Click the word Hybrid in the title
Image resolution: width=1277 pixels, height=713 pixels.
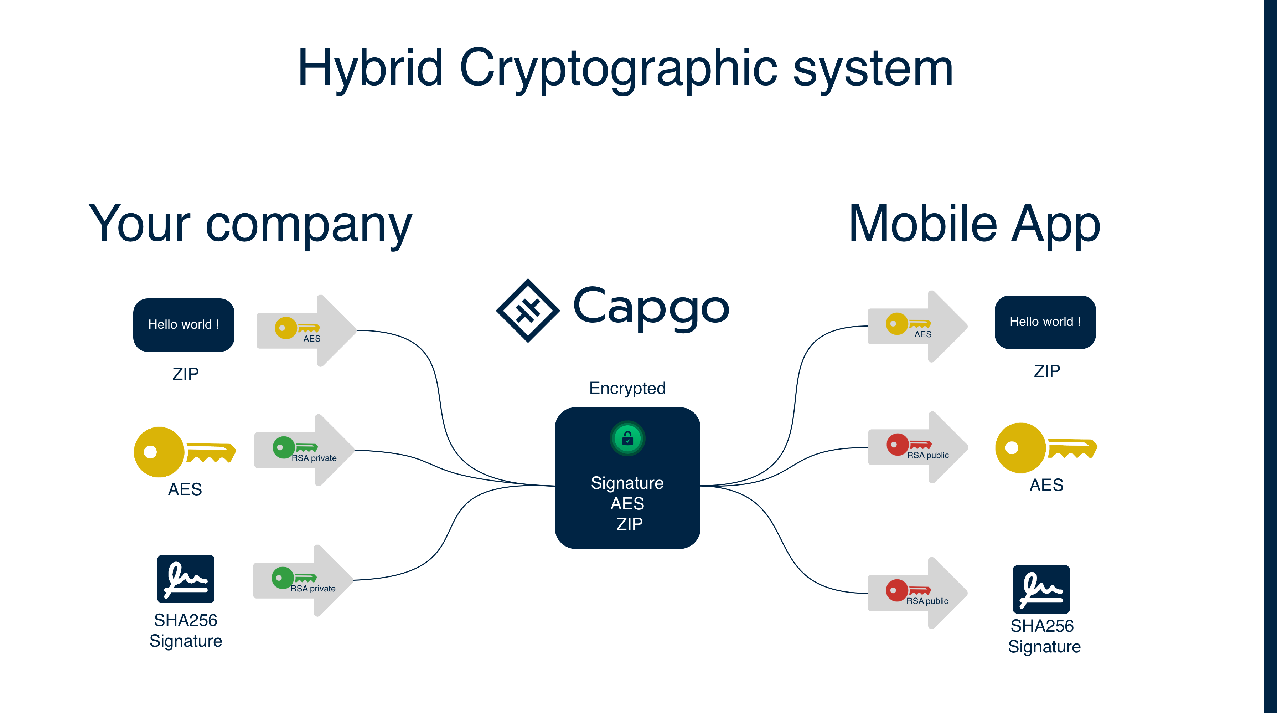[370, 68]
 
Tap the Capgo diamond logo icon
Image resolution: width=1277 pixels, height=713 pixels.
[528, 311]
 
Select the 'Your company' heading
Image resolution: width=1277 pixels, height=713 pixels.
[250, 225]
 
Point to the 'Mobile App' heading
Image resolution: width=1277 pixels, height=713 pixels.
[974, 225]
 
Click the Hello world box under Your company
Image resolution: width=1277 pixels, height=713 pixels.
[183, 325]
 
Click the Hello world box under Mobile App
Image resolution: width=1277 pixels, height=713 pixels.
[1045, 322]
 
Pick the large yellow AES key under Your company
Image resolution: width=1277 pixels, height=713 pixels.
[183, 452]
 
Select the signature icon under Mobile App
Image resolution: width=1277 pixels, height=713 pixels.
[1041, 589]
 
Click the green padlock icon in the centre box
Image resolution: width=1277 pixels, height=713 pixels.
[627, 438]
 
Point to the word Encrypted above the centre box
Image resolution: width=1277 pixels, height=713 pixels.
[627, 388]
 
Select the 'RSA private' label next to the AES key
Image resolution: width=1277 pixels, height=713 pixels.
[314, 458]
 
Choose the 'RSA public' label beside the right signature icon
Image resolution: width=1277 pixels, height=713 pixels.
[927, 601]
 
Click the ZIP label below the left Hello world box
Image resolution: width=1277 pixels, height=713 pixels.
[185, 374]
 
